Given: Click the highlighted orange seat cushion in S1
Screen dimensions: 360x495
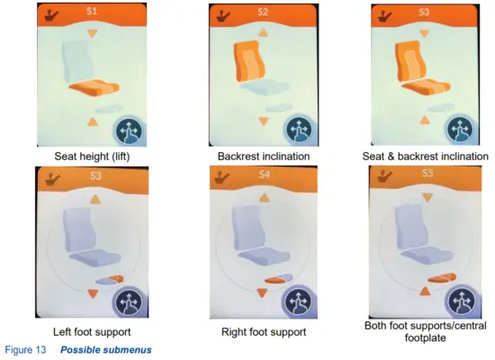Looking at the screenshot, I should [94, 88].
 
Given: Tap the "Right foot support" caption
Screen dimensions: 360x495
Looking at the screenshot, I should [264, 332].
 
